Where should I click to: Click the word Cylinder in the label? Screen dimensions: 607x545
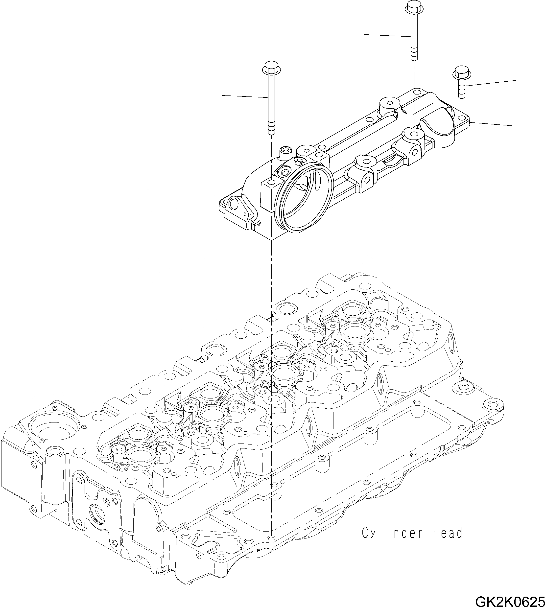point(390,533)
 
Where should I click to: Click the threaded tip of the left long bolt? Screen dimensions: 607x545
point(271,129)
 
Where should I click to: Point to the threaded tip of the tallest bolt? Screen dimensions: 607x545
point(414,55)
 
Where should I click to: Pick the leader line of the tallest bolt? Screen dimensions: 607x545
point(386,35)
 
